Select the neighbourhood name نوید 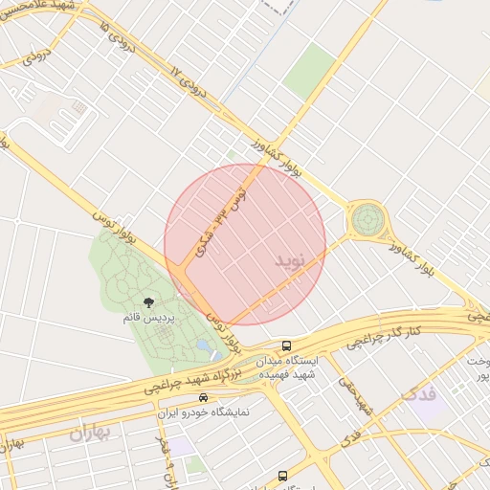pyautogui.click(x=293, y=260)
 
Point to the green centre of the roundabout pyautogui.click(x=366, y=221)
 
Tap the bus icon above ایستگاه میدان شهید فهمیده pyautogui.click(x=286, y=345)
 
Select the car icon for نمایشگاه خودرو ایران pyautogui.click(x=203, y=397)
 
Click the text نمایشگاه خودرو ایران pyautogui.click(x=203, y=412)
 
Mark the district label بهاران pyautogui.click(x=90, y=434)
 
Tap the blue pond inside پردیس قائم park pyautogui.click(x=206, y=345)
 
